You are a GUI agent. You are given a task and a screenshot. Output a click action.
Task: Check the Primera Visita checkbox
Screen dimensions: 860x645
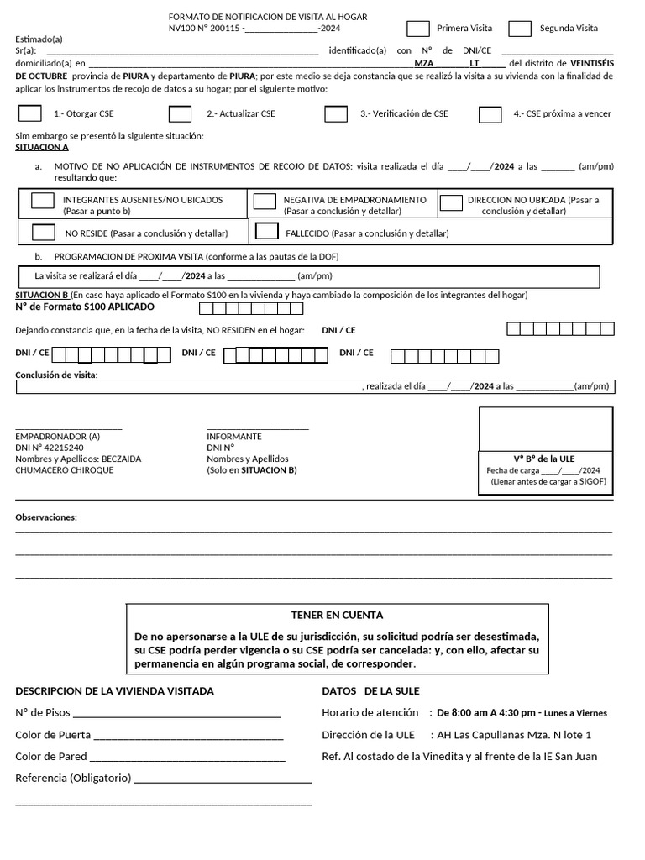(418, 29)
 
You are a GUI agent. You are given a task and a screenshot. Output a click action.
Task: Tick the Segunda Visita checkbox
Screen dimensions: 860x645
(520, 29)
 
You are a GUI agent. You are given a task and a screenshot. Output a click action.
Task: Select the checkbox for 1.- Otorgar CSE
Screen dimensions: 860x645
(30, 113)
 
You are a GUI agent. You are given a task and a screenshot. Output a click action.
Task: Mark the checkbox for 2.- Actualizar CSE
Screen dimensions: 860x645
(180, 113)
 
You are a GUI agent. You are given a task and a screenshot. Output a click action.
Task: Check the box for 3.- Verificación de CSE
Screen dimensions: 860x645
(336, 113)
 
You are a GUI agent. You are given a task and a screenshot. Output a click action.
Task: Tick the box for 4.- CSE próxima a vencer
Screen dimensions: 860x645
(490, 113)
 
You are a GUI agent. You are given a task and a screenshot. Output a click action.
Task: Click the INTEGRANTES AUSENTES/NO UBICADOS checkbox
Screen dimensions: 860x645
(43, 201)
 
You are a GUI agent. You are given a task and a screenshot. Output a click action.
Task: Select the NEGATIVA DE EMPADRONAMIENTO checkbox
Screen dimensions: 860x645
(265, 201)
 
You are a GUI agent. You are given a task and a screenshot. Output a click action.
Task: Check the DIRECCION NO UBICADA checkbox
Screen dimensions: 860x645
(451, 202)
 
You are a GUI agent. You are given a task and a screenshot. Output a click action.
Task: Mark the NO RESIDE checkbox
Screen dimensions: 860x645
(44, 233)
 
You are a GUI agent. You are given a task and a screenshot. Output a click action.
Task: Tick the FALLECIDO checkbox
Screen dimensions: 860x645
(266, 231)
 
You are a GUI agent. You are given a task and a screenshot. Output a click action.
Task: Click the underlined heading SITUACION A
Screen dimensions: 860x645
(42, 147)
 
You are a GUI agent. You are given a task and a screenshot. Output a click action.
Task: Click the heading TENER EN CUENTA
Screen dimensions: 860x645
(337, 615)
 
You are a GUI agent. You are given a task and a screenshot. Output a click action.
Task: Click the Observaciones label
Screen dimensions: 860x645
(46, 517)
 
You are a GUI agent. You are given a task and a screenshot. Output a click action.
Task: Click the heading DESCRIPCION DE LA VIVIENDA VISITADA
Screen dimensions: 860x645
(114, 691)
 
